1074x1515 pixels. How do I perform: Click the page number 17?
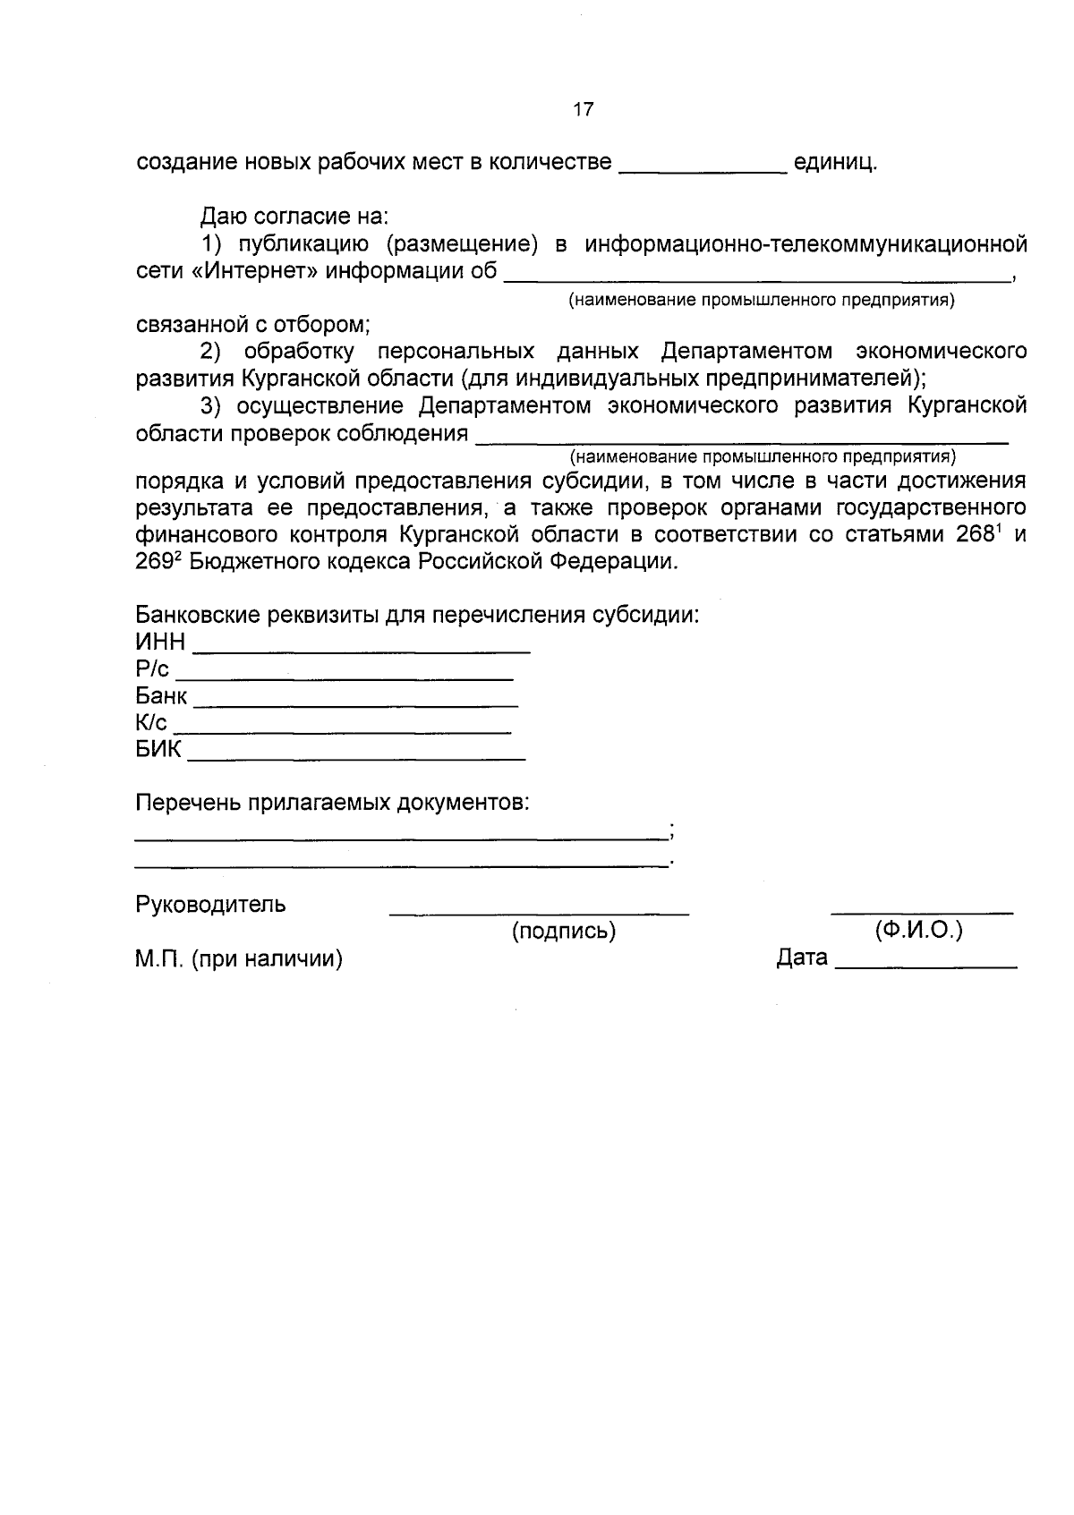[583, 110]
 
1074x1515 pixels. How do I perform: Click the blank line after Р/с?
[344, 677]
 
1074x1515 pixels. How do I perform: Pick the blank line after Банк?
[355, 704]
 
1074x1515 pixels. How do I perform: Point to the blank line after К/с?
[342, 731]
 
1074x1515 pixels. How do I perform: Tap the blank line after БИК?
[355, 758]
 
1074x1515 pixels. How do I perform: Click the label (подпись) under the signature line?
[563, 932]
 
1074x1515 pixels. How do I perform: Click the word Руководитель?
[210, 904]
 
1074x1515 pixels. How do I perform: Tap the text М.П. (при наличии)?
[239, 959]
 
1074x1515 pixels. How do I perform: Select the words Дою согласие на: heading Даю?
[220, 217]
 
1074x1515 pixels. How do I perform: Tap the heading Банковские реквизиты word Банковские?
[205, 616]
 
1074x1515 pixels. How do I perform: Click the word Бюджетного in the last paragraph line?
[253, 562]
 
